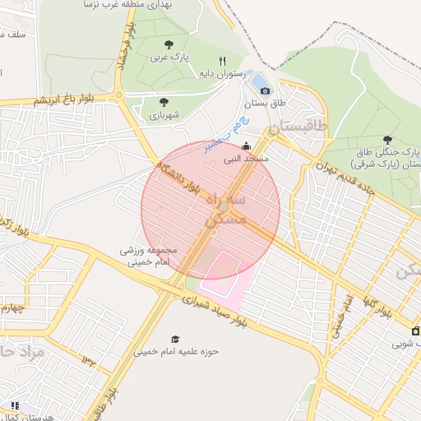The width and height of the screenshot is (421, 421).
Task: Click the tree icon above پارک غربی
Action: pyautogui.click(x=169, y=44)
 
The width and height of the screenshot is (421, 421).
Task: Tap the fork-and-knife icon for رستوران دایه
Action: pyautogui.click(x=222, y=61)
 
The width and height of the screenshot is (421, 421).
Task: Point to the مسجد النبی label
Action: pyautogui.click(x=245, y=158)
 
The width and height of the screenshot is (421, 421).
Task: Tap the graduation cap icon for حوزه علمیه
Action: pyautogui.click(x=174, y=339)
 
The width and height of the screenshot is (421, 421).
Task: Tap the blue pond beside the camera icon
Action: pyautogui.click(x=261, y=81)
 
